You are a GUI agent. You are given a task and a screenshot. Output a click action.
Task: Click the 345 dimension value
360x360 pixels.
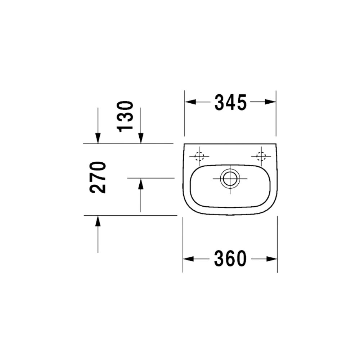(230, 102)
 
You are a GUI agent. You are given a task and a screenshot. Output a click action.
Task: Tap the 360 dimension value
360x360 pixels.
(230, 258)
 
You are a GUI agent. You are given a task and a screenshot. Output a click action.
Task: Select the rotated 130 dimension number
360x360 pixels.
(125, 117)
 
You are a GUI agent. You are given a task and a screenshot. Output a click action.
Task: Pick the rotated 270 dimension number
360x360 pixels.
(98, 177)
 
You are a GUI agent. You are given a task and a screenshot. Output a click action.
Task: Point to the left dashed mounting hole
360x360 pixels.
(199, 156)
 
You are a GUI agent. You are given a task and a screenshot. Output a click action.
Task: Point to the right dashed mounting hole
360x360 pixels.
(261, 156)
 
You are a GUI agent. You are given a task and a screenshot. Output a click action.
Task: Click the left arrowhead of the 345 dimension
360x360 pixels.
(190, 102)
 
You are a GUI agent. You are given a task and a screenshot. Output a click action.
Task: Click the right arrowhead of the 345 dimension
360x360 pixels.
(270, 102)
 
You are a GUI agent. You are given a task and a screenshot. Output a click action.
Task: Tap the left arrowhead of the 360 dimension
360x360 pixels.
(189, 259)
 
